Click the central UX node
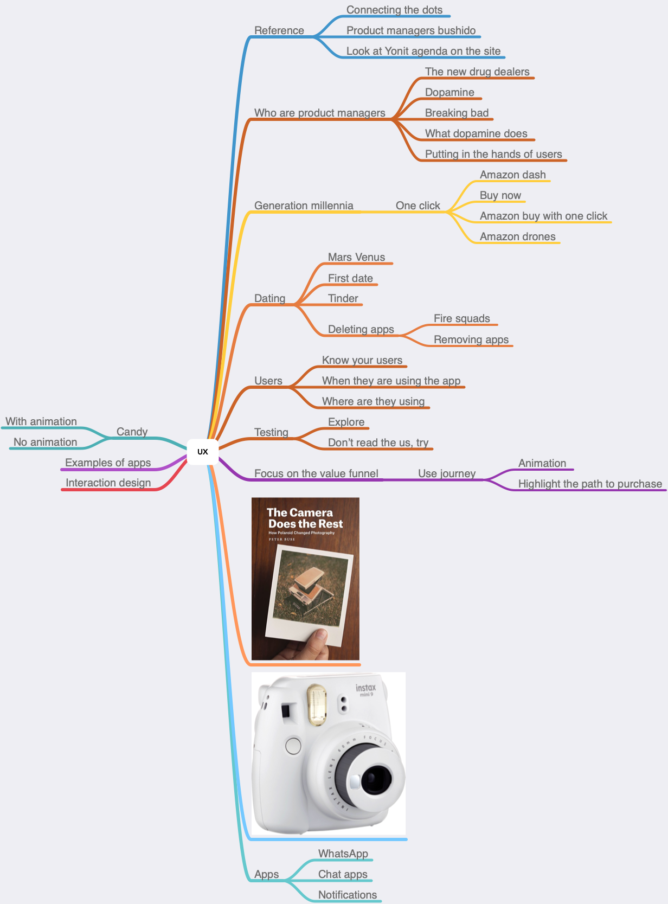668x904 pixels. [203, 452]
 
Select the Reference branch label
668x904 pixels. [279, 30]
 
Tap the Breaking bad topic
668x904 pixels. [457, 113]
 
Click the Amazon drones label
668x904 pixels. [518, 237]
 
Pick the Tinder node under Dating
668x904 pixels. [343, 298]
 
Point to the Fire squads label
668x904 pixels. [462, 319]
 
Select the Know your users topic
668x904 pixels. [362, 360]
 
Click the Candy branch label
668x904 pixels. [132, 432]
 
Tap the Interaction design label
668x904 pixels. [108, 483]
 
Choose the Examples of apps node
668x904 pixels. [108, 463]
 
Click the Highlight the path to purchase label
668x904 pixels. [590, 484]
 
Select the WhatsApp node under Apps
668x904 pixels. [343, 854]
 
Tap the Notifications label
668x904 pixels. [348, 895]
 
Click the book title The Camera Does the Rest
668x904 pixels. [305, 518]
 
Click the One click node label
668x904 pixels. [418, 206]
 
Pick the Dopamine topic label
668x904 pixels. [449, 93]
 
